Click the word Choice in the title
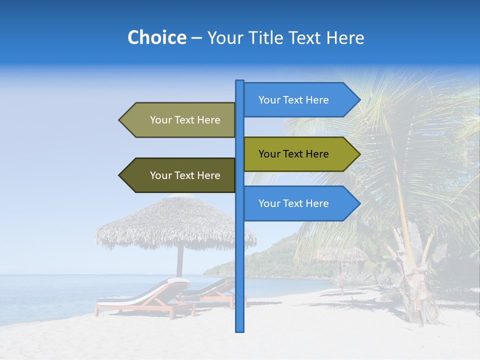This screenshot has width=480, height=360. [156, 37]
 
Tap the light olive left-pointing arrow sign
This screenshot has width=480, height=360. [180, 120]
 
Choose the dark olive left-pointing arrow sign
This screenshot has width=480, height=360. [180, 175]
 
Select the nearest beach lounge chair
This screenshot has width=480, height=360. [140, 297]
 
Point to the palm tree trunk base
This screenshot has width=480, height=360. [415, 300]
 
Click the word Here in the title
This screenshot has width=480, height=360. [345, 37]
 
